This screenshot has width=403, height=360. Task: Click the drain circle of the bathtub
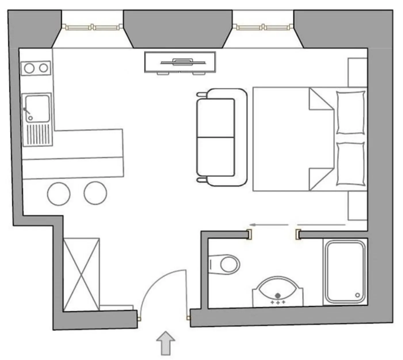click(x=358, y=295)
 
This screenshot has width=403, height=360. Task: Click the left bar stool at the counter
click(x=59, y=194)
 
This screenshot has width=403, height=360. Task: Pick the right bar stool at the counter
click(x=95, y=193)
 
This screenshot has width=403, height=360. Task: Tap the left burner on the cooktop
click(x=29, y=68)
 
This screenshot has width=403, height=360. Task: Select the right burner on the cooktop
click(x=44, y=68)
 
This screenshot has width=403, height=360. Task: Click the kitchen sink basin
click(x=37, y=108)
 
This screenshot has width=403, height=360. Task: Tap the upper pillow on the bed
click(x=351, y=112)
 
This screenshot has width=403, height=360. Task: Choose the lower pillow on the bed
click(x=351, y=164)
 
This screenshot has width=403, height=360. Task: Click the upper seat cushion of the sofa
click(x=216, y=118)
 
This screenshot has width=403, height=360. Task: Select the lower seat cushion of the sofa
click(x=216, y=156)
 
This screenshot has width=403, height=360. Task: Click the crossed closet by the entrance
click(x=81, y=274)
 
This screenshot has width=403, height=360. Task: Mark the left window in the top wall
click(x=91, y=27)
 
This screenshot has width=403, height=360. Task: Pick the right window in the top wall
click(x=263, y=27)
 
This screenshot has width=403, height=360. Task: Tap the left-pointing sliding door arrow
click(x=269, y=225)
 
